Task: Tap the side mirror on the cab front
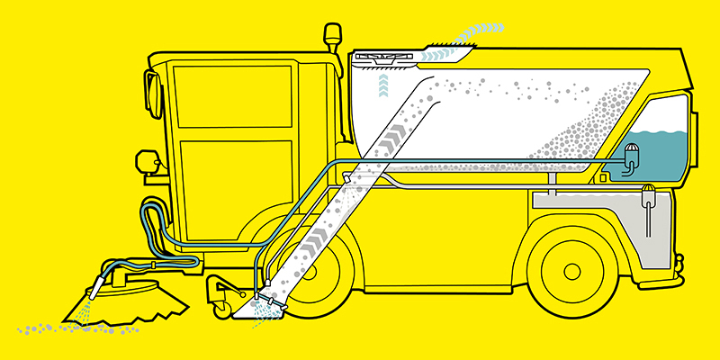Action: click(148, 90)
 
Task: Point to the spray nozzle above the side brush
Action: click(94, 290)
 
